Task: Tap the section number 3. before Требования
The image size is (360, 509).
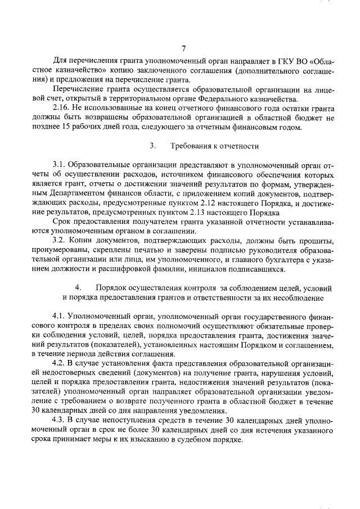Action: pos(152,146)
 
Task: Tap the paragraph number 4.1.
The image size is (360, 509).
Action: pos(60,316)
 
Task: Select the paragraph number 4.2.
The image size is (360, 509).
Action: pos(60,364)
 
